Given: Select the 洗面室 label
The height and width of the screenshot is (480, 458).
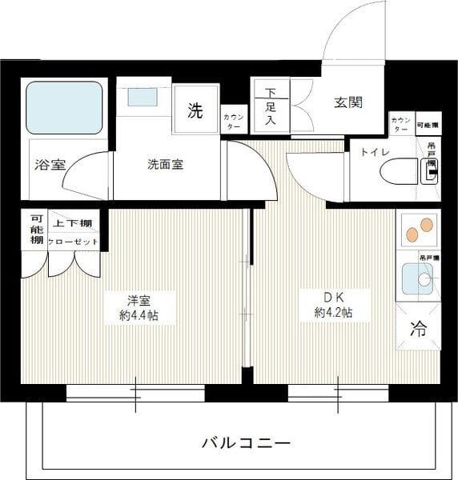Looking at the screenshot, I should [x=165, y=165].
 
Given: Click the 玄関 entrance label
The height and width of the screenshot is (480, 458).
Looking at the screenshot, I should [x=348, y=102].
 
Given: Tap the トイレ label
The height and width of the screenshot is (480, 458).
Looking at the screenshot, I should [x=375, y=152].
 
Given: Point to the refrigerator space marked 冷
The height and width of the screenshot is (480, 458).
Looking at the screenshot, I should [x=418, y=327].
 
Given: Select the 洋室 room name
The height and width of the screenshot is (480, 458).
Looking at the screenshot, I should [x=139, y=301].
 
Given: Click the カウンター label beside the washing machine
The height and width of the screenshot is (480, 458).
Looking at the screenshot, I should [x=234, y=122].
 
